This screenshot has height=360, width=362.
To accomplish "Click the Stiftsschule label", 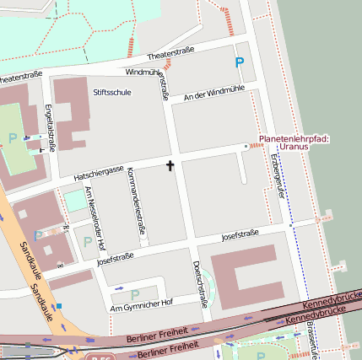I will point(112,92).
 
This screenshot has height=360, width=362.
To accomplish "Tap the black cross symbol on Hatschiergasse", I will point(170,165).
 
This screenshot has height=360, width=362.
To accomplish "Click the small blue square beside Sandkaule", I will point(58,305).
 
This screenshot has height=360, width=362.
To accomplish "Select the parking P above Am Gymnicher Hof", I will point(135,293).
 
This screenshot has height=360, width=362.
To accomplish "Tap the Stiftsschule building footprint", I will point(73,110).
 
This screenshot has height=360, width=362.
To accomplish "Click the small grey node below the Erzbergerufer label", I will point(290,226).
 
